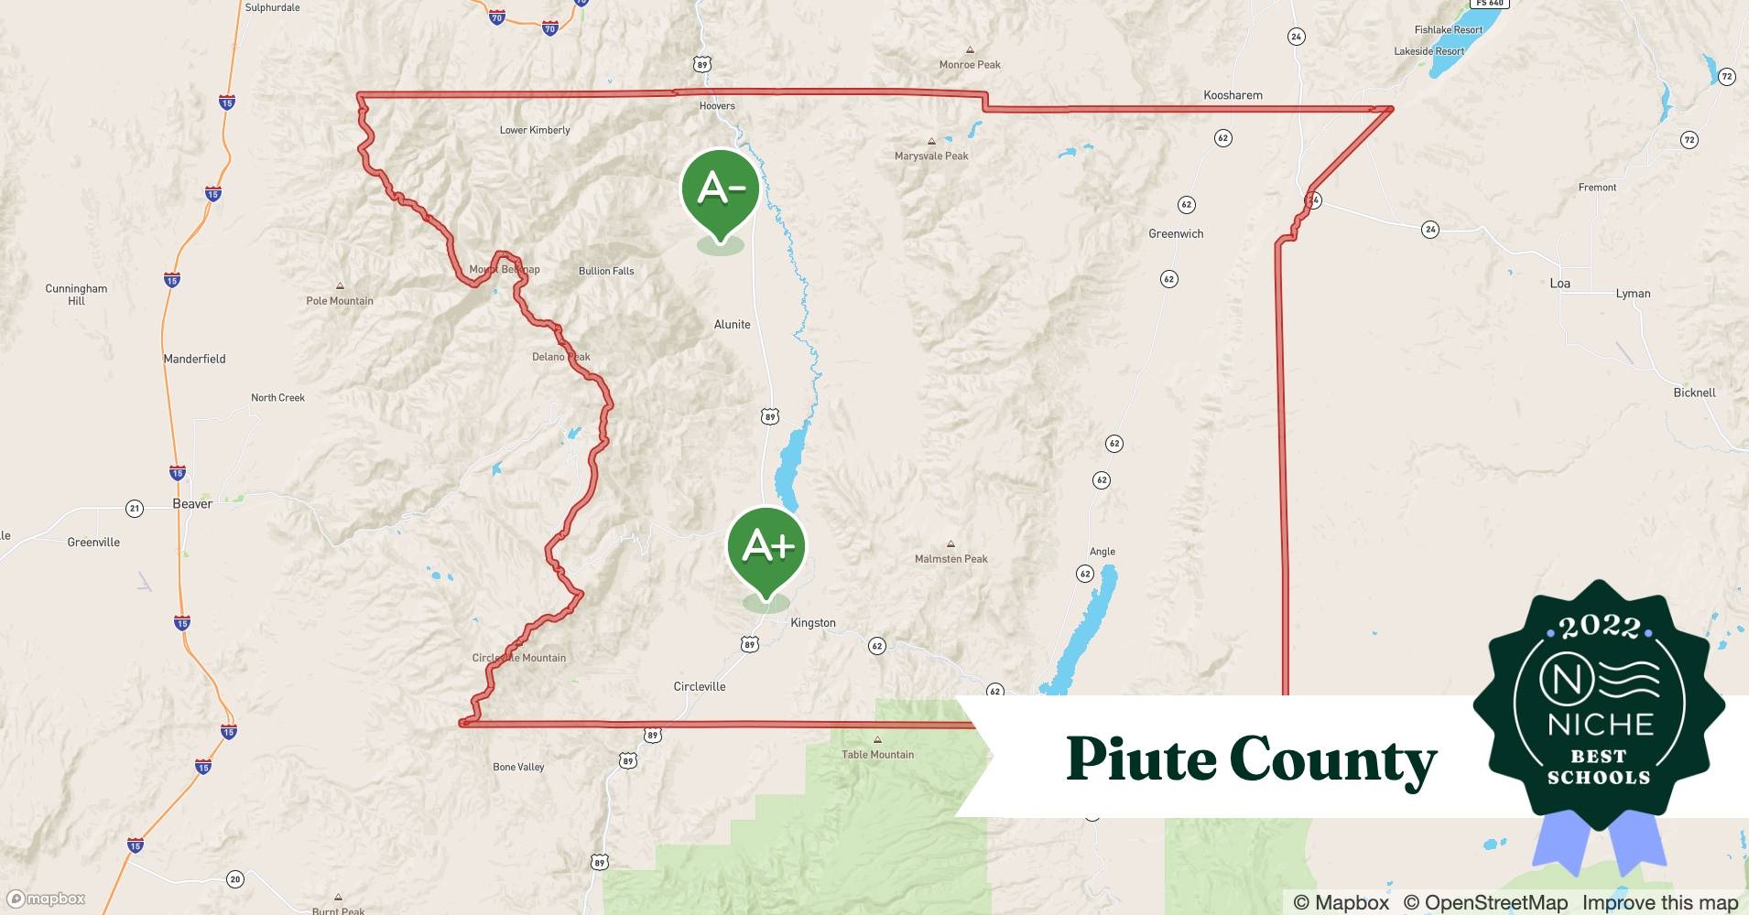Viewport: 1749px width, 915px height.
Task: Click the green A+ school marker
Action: pos(766,547)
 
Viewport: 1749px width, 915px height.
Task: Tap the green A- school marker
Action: pos(721,189)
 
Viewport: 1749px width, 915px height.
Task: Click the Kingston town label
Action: pos(813,623)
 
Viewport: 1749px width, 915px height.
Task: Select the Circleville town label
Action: pos(700,686)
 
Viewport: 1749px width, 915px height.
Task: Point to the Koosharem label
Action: pos(1233,95)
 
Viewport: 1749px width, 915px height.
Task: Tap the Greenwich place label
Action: pos(1176,234)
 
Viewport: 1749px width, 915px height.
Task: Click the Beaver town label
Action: pos(192,504)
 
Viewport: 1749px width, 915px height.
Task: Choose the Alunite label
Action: pos(732,325)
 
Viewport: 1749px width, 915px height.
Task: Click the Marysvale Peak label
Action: pos(931,156)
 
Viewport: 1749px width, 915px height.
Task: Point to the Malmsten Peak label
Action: pos(951,558)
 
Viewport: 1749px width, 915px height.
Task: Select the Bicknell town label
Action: pos(1694,393)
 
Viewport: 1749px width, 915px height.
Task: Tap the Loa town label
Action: pos(1560,284)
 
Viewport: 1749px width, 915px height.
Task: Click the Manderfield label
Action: pos(194,359)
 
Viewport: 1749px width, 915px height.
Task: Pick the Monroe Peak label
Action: pos(970,64)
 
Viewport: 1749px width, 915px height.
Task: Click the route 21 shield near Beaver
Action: pos(135,509)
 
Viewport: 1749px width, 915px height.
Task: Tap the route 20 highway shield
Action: pos(235,879)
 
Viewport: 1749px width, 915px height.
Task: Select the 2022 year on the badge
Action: pos(1599,627)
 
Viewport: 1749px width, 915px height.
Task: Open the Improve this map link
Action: pos(1659,902)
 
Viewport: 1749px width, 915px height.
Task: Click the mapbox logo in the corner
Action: pos(47,899)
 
